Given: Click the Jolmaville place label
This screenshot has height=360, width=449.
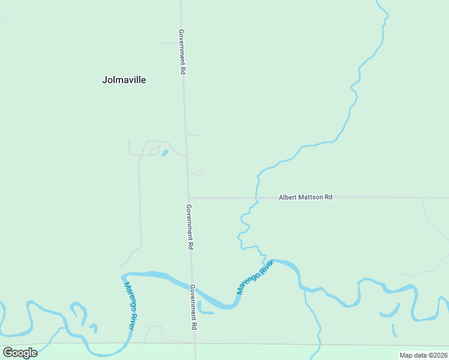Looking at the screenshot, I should (124, 80).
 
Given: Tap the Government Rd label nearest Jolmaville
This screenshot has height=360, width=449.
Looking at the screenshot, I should (182, 52).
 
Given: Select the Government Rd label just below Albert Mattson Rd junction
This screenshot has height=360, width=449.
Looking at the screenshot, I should (189, 227).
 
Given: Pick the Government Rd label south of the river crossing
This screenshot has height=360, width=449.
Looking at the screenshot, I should (194, 308).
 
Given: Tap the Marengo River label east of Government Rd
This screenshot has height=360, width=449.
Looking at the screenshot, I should (255, 277).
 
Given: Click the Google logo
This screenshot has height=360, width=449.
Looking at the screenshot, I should (20, 352).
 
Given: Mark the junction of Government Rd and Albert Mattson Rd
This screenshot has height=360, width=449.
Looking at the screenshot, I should (188, 198).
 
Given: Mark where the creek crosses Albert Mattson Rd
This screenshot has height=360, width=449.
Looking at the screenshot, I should (256, 197).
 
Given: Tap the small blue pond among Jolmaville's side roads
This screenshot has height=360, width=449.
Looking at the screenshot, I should (164, 153).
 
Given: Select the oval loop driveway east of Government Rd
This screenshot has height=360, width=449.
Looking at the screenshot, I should (197, 173).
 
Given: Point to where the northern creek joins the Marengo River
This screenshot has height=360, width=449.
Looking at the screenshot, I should (267, 262).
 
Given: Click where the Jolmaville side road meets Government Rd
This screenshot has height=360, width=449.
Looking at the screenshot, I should (186, 157).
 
